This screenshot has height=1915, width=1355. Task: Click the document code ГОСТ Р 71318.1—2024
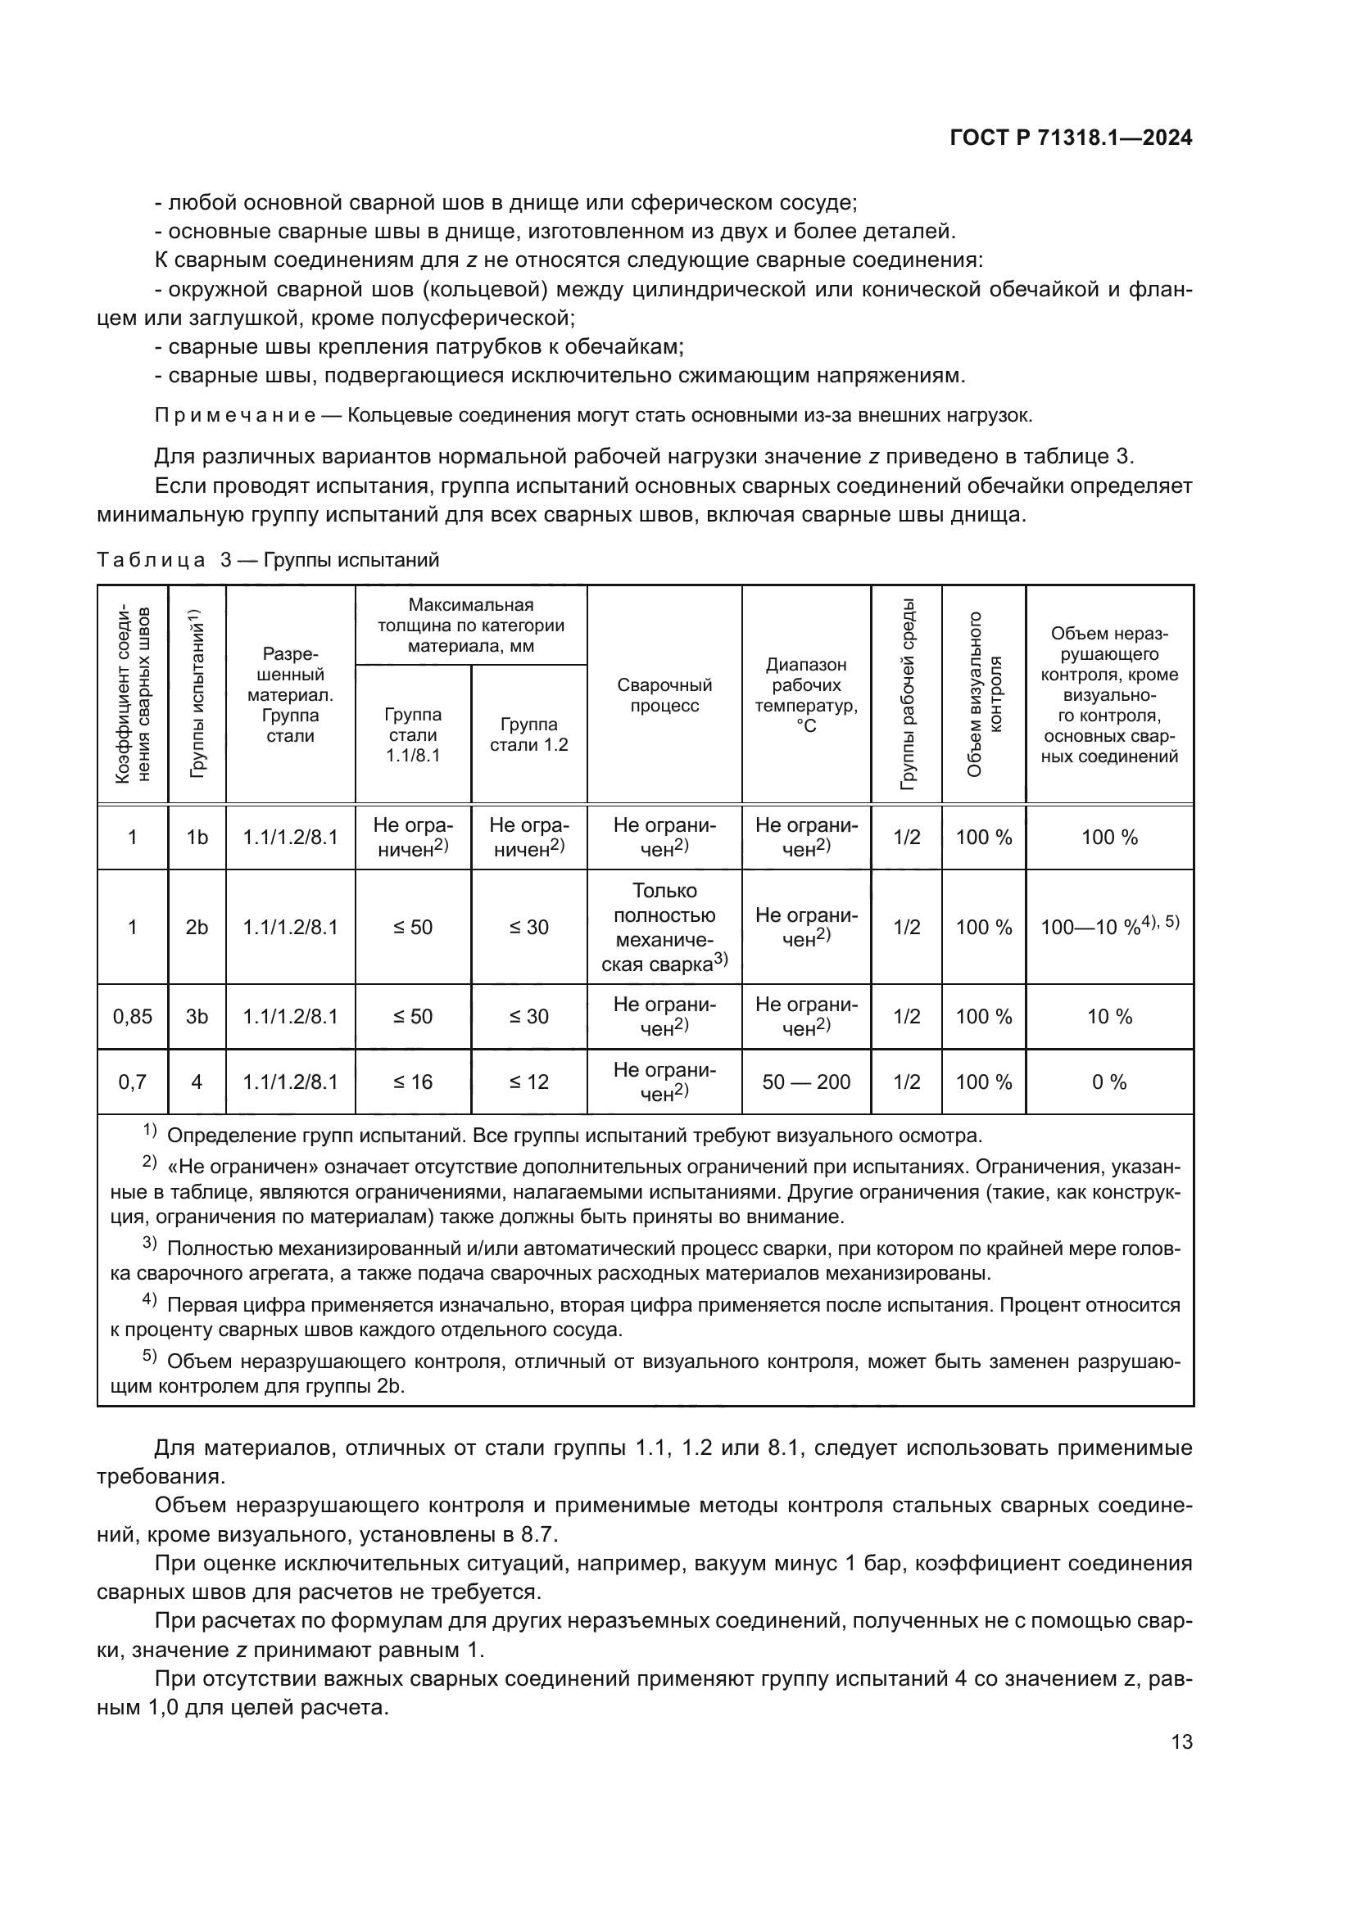[1071, 138]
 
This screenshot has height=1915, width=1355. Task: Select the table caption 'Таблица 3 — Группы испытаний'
[268, 560]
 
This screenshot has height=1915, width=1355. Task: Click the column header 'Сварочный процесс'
[664, 695]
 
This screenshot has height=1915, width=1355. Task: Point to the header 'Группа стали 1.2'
[529, 734]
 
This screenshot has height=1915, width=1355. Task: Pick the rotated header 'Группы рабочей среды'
[906, 694]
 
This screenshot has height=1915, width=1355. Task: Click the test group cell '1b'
[197, 838]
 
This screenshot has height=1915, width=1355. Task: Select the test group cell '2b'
[197, 927]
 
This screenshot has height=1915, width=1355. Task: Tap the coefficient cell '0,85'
[133, 1016]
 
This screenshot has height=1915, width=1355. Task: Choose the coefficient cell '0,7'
[133, 1082]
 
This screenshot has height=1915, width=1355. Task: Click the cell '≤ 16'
[413, 1082]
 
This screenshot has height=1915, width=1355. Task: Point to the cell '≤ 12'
[529, 1082]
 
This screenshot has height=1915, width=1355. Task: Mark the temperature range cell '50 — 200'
[806, 1082]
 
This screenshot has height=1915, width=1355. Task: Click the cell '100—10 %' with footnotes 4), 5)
[1109, 927]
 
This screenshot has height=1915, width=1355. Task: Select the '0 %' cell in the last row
[1109, 1082]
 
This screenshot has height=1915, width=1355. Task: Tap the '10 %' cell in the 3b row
[1109, 1016]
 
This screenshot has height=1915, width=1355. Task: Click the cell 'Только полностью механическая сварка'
[664, 927]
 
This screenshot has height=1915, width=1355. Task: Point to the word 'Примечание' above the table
[235, 415]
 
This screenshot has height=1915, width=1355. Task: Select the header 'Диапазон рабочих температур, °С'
[806, 695]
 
